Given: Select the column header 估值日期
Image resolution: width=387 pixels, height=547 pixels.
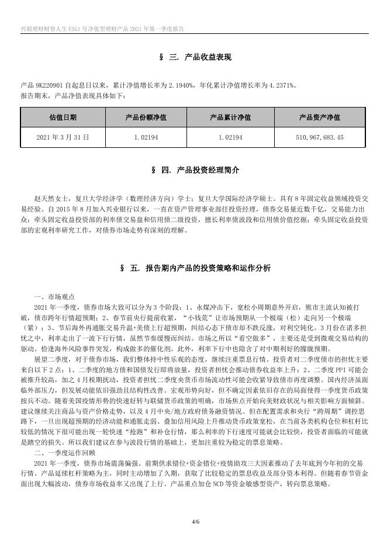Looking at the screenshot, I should click(63, 117).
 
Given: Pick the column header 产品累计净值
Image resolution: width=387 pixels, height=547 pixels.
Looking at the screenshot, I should click(230, 117).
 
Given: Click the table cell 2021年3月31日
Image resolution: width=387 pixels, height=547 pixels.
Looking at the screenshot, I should click(63, 137).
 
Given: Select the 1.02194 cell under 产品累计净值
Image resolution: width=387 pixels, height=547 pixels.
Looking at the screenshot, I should click(230, 137).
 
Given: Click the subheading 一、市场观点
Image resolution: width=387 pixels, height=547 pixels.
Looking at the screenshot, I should click(54, 296).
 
